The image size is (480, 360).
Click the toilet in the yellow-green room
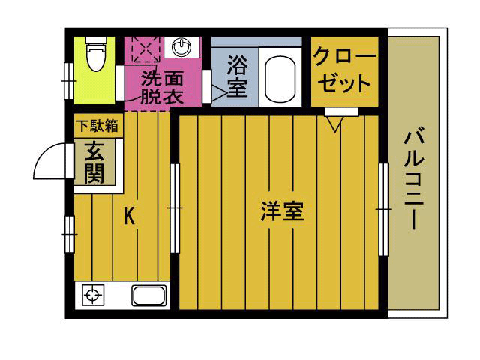(x=94, y=54)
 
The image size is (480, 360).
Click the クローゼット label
(x=343, y=70)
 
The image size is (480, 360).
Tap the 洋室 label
(x=282, y=212)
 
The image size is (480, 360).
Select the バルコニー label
(x=415, y=181)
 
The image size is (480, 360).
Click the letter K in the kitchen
(x=129, y=217)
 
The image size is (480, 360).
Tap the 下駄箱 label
(x=94, y=126)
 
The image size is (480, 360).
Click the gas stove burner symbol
(x=92, y=295)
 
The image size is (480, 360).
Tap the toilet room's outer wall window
(x=68, y=75)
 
